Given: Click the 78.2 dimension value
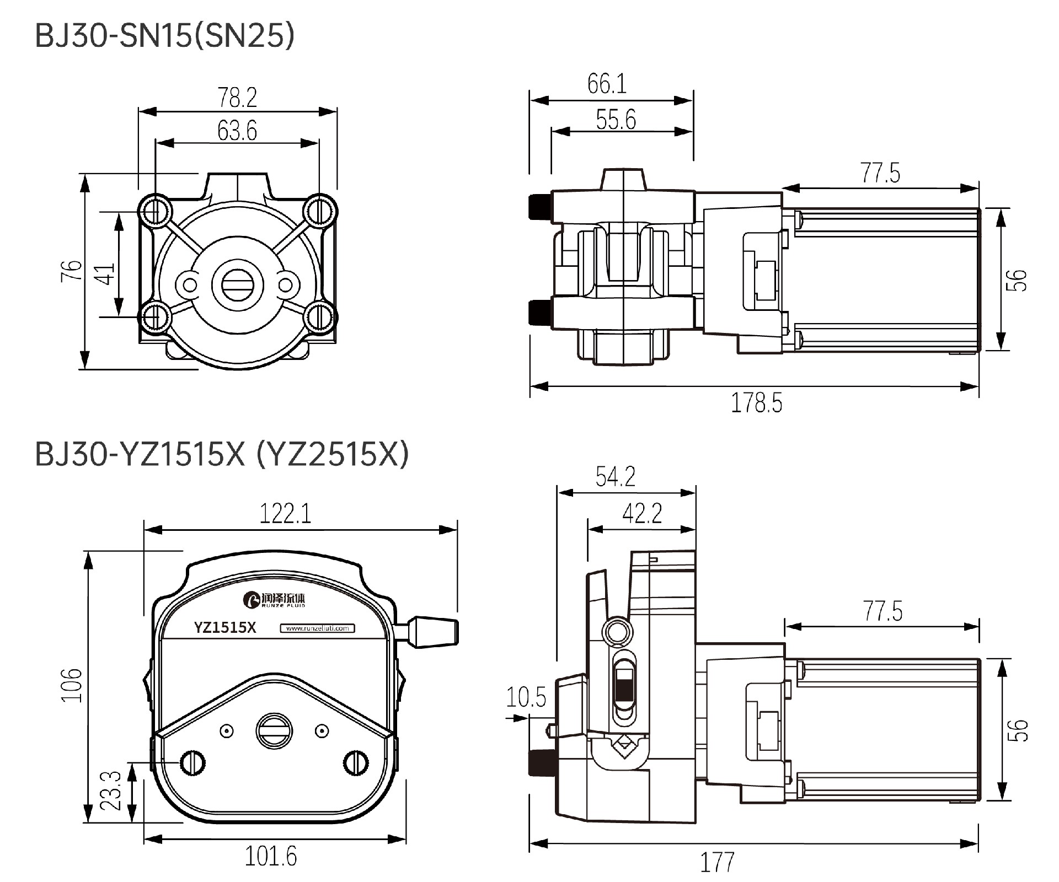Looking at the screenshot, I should [x=237, y=98].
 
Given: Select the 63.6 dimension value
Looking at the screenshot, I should [x=237, y=131].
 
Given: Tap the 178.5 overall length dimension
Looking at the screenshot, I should [x=756, y=403].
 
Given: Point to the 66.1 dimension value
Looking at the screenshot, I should [x=607, y=84].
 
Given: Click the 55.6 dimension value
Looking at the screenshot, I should [x=616, y=120].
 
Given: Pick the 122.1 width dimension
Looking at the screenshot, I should [x=285, y=514].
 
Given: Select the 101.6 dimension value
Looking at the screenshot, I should [x=270, y=856].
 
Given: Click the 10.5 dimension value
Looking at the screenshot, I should [x=526, y=697].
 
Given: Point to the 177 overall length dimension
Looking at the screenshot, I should [x=717, y=862].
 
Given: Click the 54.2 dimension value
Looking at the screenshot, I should [x=615, y=476].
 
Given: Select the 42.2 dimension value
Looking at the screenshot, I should [x=642, y=514].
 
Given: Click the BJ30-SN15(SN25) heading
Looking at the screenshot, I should [x=164, y=36].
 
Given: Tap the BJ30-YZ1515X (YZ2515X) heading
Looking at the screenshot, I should [x=222, y=455].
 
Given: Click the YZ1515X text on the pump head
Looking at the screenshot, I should [x=225, y=628].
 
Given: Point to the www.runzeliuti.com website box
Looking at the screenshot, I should [x=318, y=628].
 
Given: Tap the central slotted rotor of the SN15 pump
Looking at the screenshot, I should [x=238, y=285].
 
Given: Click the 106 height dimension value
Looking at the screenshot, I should [x=72, y=685].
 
